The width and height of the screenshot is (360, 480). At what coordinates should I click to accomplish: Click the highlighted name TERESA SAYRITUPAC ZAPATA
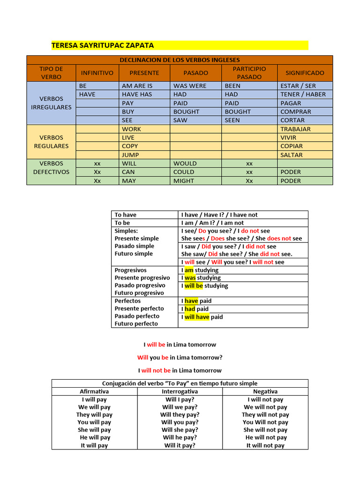(102, 45)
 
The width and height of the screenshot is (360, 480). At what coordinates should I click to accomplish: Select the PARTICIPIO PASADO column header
(249, 73)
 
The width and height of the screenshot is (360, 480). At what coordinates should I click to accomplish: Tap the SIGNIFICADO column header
(305, 73)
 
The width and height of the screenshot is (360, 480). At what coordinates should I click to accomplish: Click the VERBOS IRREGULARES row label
(51, 103)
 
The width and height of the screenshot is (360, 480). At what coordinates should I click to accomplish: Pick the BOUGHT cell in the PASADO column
(186, 112)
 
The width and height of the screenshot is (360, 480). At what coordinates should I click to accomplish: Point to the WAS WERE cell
(189, 86)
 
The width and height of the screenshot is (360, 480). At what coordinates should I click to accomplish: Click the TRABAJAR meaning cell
(295, 129)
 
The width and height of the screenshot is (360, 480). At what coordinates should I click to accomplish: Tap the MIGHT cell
(183, 180)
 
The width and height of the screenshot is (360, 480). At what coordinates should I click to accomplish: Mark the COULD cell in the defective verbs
(184, 172)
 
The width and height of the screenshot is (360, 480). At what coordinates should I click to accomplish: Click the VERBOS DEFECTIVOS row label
(51, 168)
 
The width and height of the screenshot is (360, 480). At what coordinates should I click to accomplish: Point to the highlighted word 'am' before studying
(189, 270)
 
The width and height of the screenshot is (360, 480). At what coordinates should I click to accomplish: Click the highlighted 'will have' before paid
(197, 317)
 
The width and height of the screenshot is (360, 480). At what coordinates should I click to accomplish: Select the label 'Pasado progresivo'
(140, 285)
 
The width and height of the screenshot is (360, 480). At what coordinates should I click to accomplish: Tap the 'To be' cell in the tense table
(122, 223)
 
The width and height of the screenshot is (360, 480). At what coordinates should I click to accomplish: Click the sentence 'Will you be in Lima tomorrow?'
(180, 357)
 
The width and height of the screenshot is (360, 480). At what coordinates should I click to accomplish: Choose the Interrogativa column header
(180, 391)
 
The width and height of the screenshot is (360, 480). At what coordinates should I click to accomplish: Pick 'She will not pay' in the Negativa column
(265, 430)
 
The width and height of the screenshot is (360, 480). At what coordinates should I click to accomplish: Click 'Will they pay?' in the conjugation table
(180, 414)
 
